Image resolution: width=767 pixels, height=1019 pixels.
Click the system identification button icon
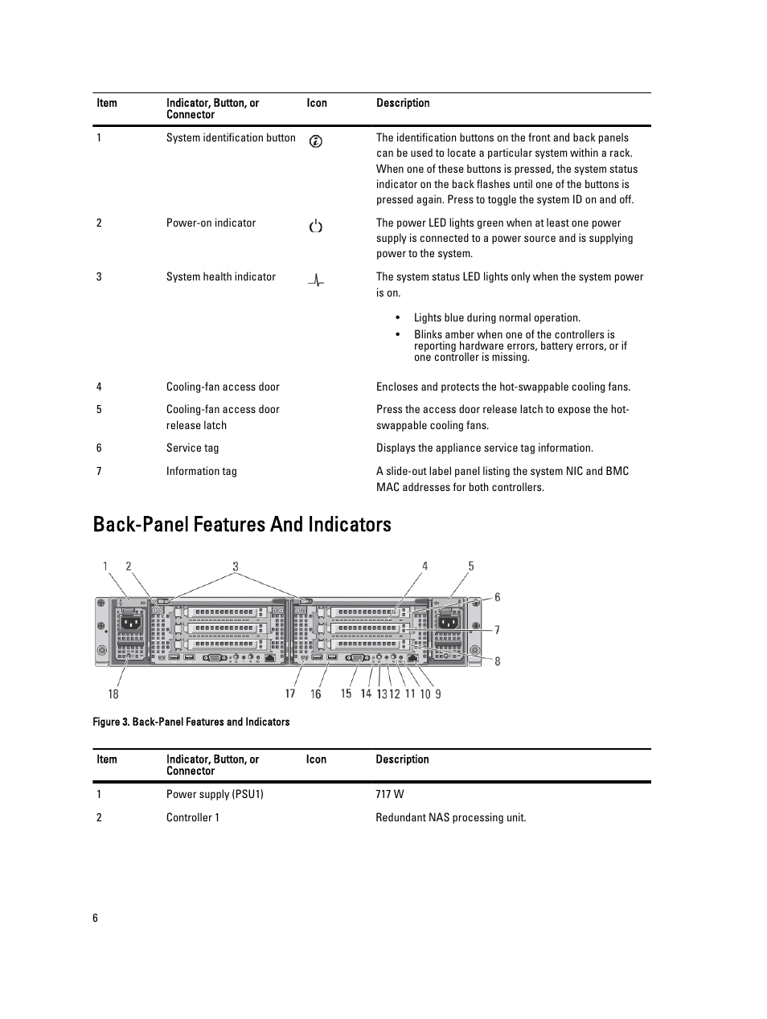[x=316, y=141]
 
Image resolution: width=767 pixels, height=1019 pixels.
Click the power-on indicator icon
[x=316, y=227]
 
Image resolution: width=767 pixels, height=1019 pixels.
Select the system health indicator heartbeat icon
[x=316, y=280]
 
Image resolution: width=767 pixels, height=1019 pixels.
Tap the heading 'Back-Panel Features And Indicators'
[x=242, y=524]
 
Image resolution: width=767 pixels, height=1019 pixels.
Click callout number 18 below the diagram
[x=113, y=694]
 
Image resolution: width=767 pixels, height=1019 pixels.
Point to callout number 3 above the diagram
[x=236, y=567]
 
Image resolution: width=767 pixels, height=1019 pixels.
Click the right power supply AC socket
[x=449, y=621]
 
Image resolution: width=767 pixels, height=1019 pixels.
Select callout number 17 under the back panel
[x=290, y=694]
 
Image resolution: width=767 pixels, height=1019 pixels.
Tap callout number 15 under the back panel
[x=346, y=694]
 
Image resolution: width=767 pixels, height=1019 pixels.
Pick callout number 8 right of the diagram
[x=498, y=661]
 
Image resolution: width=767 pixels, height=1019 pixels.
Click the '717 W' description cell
[x=390, y=794]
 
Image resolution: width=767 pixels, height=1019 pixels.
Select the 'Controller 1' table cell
[x=193, y=817]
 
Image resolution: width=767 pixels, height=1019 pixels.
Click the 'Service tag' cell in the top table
[x=192, y=448]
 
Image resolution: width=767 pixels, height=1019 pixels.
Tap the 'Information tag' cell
[x=201, y=471]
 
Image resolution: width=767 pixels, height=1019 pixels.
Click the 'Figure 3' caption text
[x=191, y=722]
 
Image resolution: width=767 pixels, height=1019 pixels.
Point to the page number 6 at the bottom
[x=95, y=918]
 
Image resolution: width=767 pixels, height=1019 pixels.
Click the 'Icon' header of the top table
[x=317, y=103]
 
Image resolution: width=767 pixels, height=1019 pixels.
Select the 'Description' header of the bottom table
[x=402, y=759]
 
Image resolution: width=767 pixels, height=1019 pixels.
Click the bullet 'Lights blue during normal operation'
[x=497, y=317]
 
